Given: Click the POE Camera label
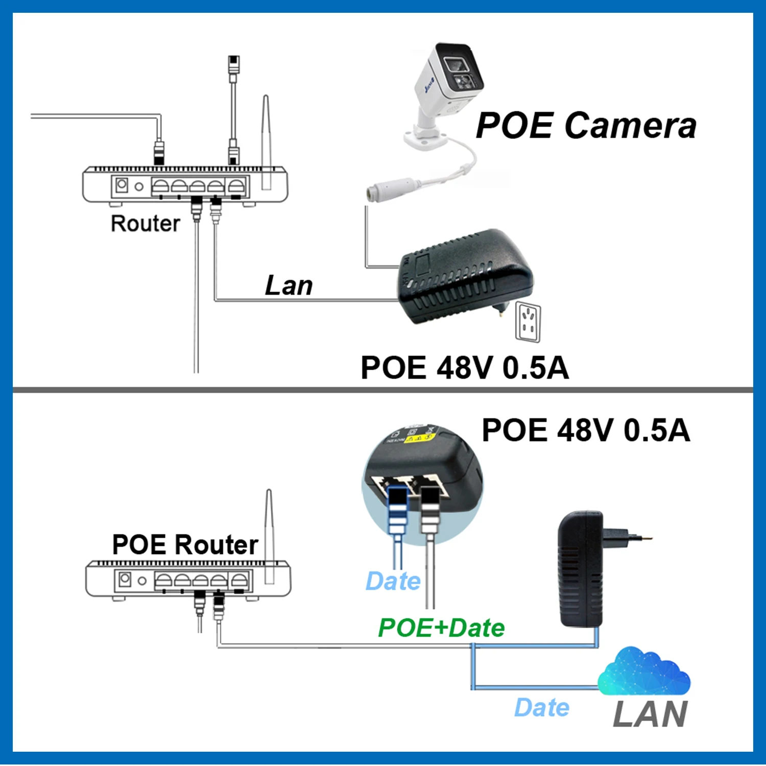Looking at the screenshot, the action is point(586,126).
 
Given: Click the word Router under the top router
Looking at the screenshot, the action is point(146,224).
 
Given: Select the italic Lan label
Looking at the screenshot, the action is point(289,285).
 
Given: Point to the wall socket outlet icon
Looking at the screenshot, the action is point(528,322).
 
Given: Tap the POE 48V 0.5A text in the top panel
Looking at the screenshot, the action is point(464,368).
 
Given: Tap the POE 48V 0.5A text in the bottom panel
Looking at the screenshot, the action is point(586,430).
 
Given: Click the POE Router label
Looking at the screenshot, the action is point(185,544).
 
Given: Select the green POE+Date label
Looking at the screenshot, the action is point(441,628).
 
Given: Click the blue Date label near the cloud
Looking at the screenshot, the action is point(541,708).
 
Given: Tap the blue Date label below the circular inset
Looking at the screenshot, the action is point(393,581).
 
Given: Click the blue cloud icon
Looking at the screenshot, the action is point(644,671).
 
